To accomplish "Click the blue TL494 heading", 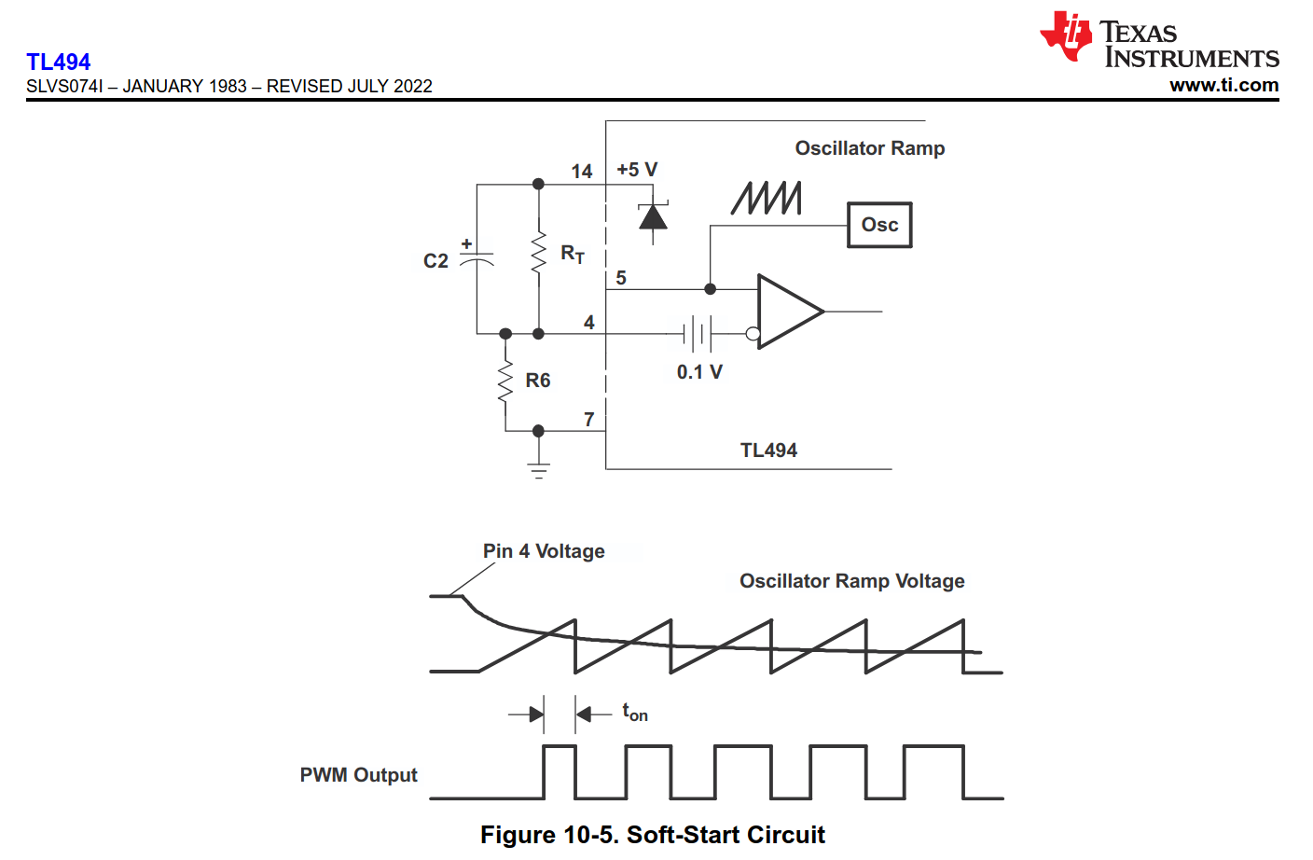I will (59, 62).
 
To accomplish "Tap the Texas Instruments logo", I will (1159, 41).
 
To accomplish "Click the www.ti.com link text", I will (1223, 85).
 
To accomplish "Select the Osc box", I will (879, 225).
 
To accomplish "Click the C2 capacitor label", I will (435, 261).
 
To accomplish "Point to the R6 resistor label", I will (538, 381).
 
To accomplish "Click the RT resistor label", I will (573, 254).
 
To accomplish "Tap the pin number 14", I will (582, 172).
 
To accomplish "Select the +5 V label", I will (637, 170).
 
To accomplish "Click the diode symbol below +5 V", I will (653, 217).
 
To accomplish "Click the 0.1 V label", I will (699, 372).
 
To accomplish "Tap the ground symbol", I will (538, 468).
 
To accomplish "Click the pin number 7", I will (589, 420).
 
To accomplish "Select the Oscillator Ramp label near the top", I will (869, 148).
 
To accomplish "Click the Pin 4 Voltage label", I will (544, 551).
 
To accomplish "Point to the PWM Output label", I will (358, 775).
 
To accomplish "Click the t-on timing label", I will (635, 714).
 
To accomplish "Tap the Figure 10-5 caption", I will (653, 835).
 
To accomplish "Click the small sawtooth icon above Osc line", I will (767, 198).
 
